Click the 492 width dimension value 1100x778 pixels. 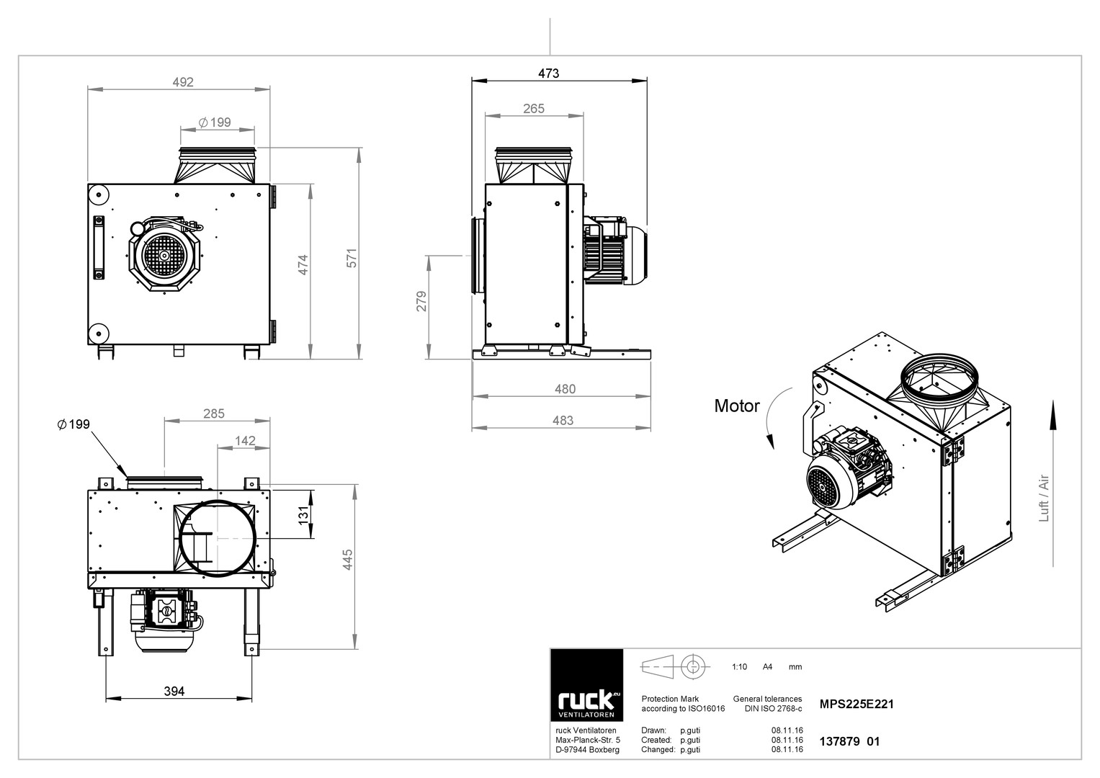183,82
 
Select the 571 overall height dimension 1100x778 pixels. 352,259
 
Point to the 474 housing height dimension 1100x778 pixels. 303,265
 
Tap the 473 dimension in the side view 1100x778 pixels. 548,73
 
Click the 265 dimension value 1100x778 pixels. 534,109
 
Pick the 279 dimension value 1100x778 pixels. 421,301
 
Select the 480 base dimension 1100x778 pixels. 565,389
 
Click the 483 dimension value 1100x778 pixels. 563,421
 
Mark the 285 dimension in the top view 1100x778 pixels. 214,413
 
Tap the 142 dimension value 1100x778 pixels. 245,441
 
